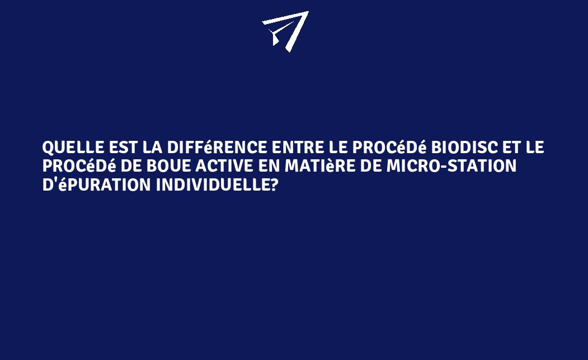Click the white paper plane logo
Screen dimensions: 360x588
click(x=286, y=31)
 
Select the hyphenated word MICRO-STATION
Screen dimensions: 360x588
click(x=451, y=166)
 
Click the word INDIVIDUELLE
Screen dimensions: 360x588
click(x=212, y=184)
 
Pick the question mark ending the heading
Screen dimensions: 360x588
click(x=274, y=184)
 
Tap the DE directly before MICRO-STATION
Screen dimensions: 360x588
click(x=370, y=166)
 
